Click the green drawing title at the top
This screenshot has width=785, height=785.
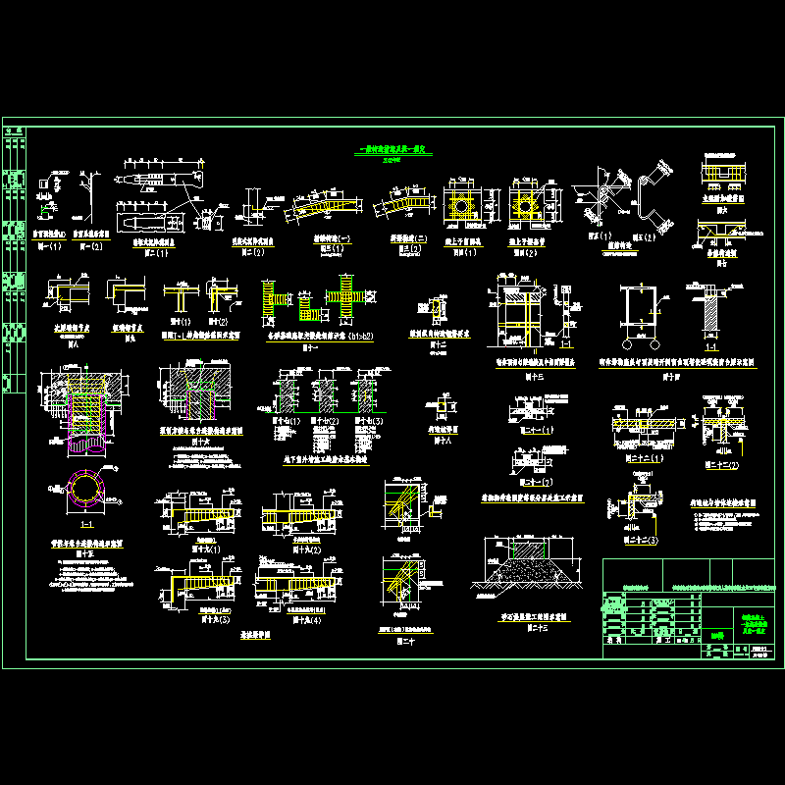pyautogui.click(x=392, y=150)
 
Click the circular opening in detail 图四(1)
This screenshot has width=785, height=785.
pyautogui.click(x=459, y=206)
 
